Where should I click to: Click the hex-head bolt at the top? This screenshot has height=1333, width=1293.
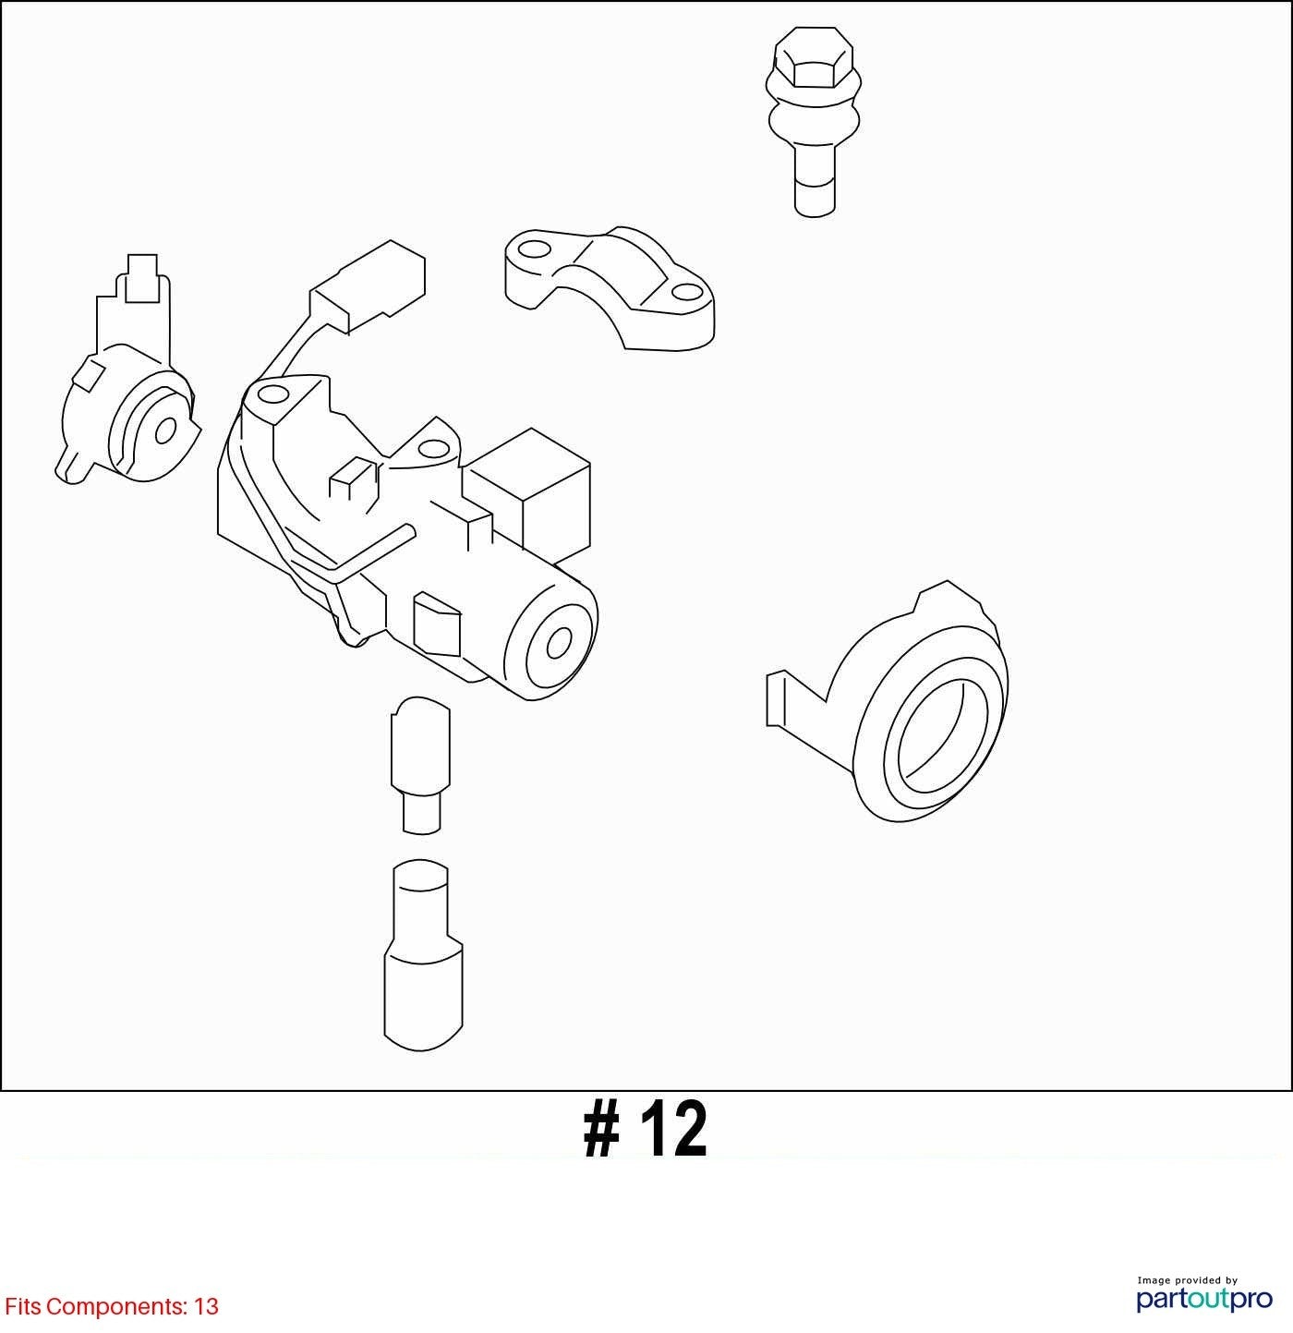[814, 122]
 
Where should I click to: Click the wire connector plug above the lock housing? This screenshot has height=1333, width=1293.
[368, 286]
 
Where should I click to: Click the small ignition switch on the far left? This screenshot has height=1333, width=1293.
[127, 370]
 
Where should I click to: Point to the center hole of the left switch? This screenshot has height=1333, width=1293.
[165, 430]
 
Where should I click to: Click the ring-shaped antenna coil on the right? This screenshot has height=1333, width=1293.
[888, 701]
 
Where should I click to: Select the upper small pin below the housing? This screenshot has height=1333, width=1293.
[420, 766]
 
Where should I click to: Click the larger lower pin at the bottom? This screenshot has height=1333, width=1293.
[423, 954]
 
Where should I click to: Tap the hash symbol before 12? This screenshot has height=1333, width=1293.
[602, 1130]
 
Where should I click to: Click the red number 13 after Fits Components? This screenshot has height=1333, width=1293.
[206, 1307]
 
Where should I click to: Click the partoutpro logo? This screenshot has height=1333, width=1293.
[1204, 1300]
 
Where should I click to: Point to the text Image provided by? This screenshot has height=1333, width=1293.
[1188, 1279]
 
